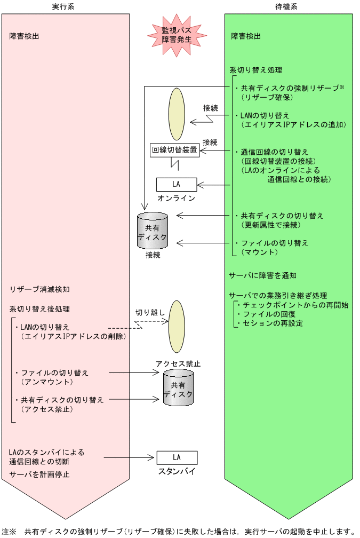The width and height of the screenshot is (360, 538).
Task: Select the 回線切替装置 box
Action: [174, 151]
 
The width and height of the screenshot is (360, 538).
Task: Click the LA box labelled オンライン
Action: [176, 184]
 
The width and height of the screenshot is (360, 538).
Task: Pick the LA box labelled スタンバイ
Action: [177, 457]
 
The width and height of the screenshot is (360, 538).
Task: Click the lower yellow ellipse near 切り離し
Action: [177, 327]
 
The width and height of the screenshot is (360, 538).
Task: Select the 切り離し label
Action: [150, 312]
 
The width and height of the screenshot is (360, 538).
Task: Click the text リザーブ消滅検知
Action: [39, 289]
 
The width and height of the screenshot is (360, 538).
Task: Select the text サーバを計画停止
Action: [39, 474]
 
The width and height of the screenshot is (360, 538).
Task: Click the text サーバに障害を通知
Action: [262, 275]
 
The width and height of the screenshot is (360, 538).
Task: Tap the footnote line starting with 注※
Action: [178, 531]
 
